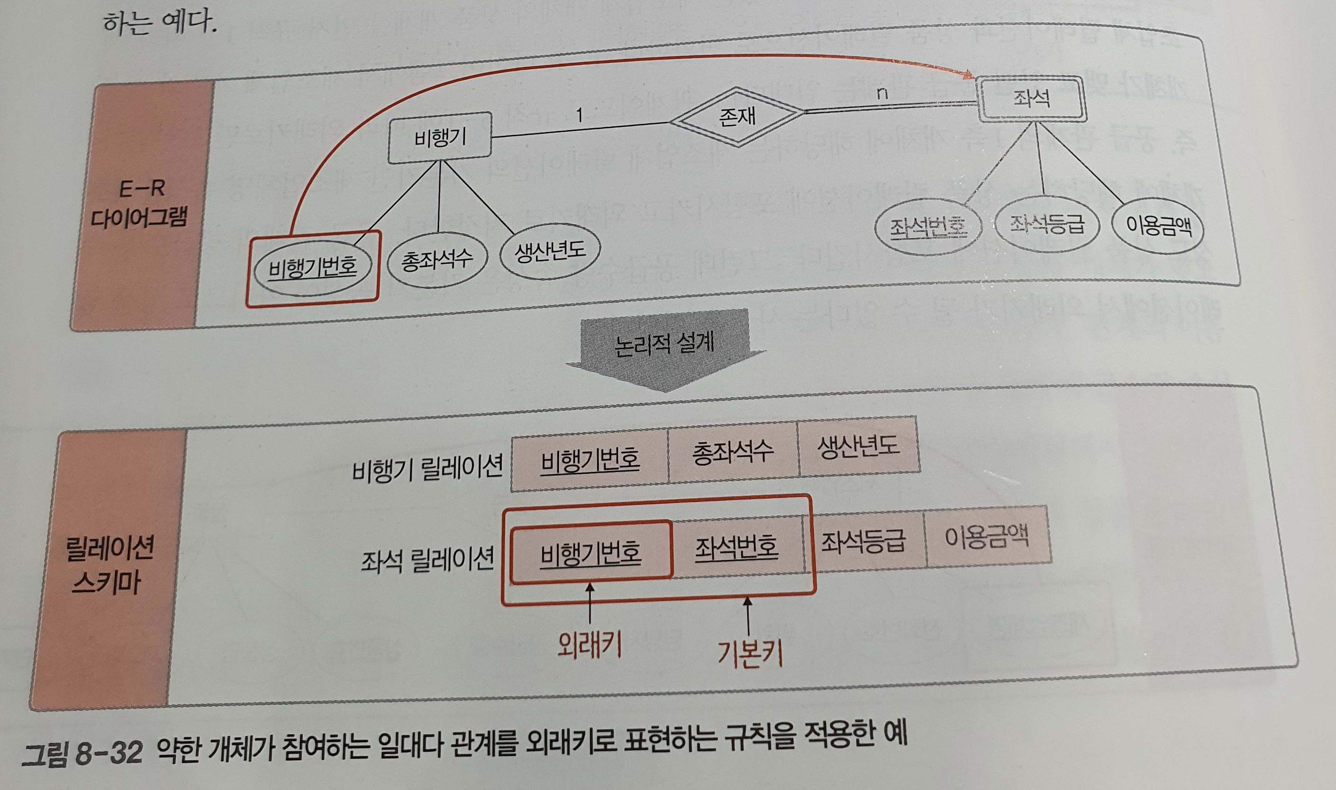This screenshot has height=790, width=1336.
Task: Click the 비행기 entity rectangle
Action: (439, 137)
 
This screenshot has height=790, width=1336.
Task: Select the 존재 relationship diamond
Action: (737, 116)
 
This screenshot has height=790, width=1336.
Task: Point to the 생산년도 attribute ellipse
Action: (549, 250)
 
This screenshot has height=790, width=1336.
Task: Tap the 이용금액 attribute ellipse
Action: (1158, 227)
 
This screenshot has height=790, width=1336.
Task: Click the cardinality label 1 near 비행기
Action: (579, 115)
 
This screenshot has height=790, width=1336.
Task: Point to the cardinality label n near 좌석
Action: (882, 94)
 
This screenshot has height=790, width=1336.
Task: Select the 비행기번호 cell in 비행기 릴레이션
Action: (590, 458)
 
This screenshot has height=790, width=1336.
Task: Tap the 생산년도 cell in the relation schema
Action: (858, 446)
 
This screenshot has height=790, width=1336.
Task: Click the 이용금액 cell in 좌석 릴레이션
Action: (986, 537)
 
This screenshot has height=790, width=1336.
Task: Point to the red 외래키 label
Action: (589, 646)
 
